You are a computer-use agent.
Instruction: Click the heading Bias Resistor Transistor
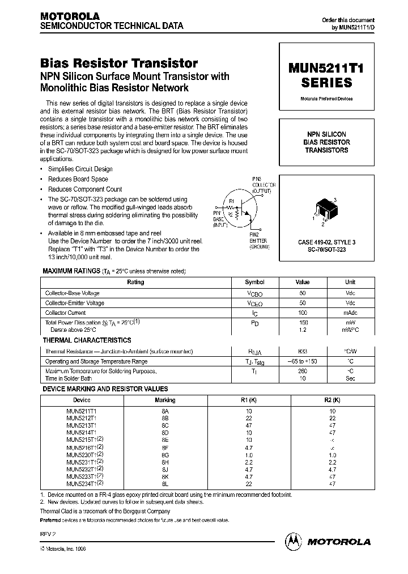coord(119,64)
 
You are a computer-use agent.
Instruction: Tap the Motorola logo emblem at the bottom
coord(293,542)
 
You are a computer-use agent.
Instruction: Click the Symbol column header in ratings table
coord(254,282)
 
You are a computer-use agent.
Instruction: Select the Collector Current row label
coord(66,313)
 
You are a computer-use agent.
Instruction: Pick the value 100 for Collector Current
coord(303,313)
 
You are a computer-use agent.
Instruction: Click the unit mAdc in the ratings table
coord(350,313)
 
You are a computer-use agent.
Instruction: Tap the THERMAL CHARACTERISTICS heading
coord(87,340)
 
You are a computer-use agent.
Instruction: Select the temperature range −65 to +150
coord(303,361)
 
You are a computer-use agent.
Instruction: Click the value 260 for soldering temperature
coord(303,372)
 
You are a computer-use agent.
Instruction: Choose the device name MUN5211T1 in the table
coord(82,410)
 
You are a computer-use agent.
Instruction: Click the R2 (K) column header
coord(333,400)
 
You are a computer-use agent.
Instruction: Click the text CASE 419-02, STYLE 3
coord(326,242)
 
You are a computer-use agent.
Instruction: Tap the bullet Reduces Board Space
coord(78,179)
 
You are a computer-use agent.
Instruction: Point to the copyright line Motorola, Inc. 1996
coord(63,550)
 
